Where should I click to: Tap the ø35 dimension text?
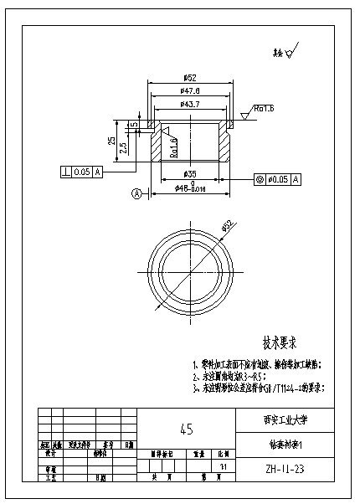pos(189,173)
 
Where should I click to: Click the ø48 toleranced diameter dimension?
pos(191,189)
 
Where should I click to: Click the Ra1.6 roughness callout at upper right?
pos(262,109)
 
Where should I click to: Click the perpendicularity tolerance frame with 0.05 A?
pos(81,172)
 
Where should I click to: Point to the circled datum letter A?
pos(134,194)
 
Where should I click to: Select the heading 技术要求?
pos(281,342)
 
